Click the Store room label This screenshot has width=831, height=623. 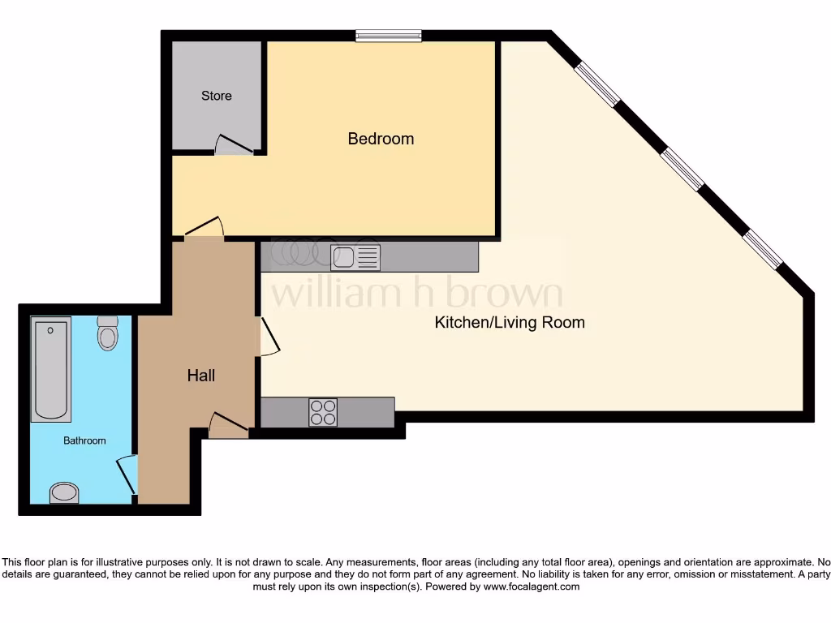pyautogui.click(x=217, y=96)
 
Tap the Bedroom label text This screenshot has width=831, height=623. pyautogui.click(x=381, y=139)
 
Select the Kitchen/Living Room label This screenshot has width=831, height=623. pyautogui.click(x=510, y=322)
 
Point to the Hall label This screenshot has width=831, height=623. pyautogui.click(x=201, y=375)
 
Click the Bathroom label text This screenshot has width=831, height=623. pyautogui.click(x=85, y=440)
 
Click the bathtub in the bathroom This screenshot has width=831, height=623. pyautogui.click(x=51, y=369)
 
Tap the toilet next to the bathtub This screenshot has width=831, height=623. pyautogui.click(x=107, y=333)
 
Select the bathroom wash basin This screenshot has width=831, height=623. pyautogui.click(x=64, y=492)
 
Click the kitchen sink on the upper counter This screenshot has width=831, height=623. pyautogui.click(x=355, y=257)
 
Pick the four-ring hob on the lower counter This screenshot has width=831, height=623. pyautogui.click(x=323, y=412)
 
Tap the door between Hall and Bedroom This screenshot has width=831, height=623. pyautogui.click(x=204, y=229)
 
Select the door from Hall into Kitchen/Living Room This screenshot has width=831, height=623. pyautogui.click(x=269, y=337)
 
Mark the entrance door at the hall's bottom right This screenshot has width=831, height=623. pyautogui.click(x=229, y=423)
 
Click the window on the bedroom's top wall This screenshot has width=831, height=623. pyautogui.click(x=388, y=35)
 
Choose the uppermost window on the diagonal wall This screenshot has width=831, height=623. pyautogui.click(x=597, y=84)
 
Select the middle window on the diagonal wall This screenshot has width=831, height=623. pyautogui.click(x=682, y=169)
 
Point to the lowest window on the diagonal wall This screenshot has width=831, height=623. pyautogui.click(x=763, y=249)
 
